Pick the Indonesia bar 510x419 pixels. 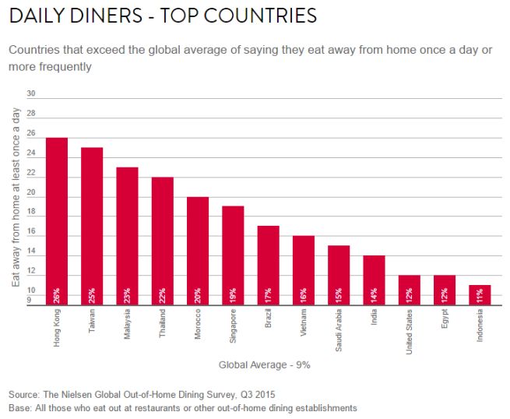(x=480, y=295)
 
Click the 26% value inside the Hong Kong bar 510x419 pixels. (x=57, y=295)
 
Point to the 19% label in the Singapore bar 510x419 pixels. (x=233, y=295)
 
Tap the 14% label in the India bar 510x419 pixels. (x=374, y=295)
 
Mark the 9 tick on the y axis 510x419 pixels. (x=32, y=298)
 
